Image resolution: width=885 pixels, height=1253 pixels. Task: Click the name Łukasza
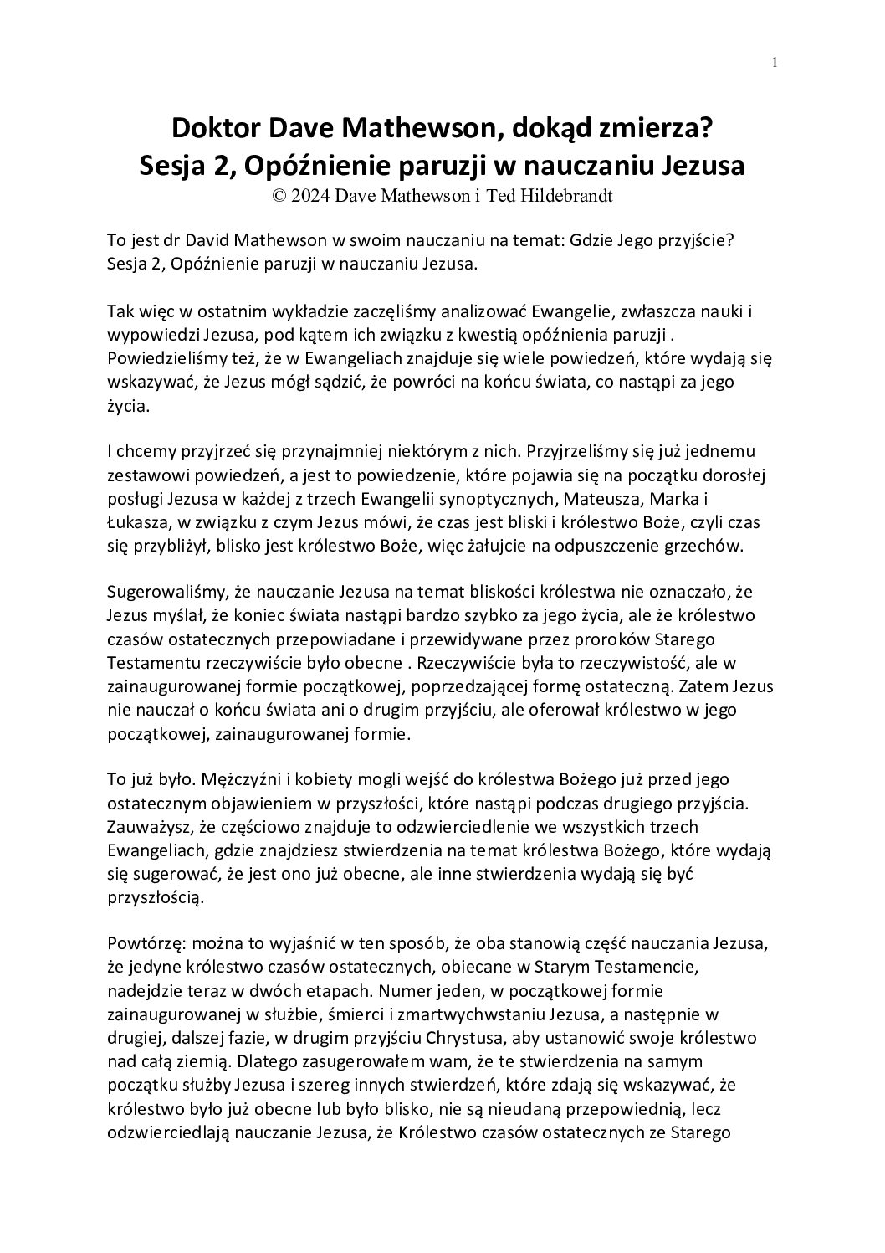[136, 523]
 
